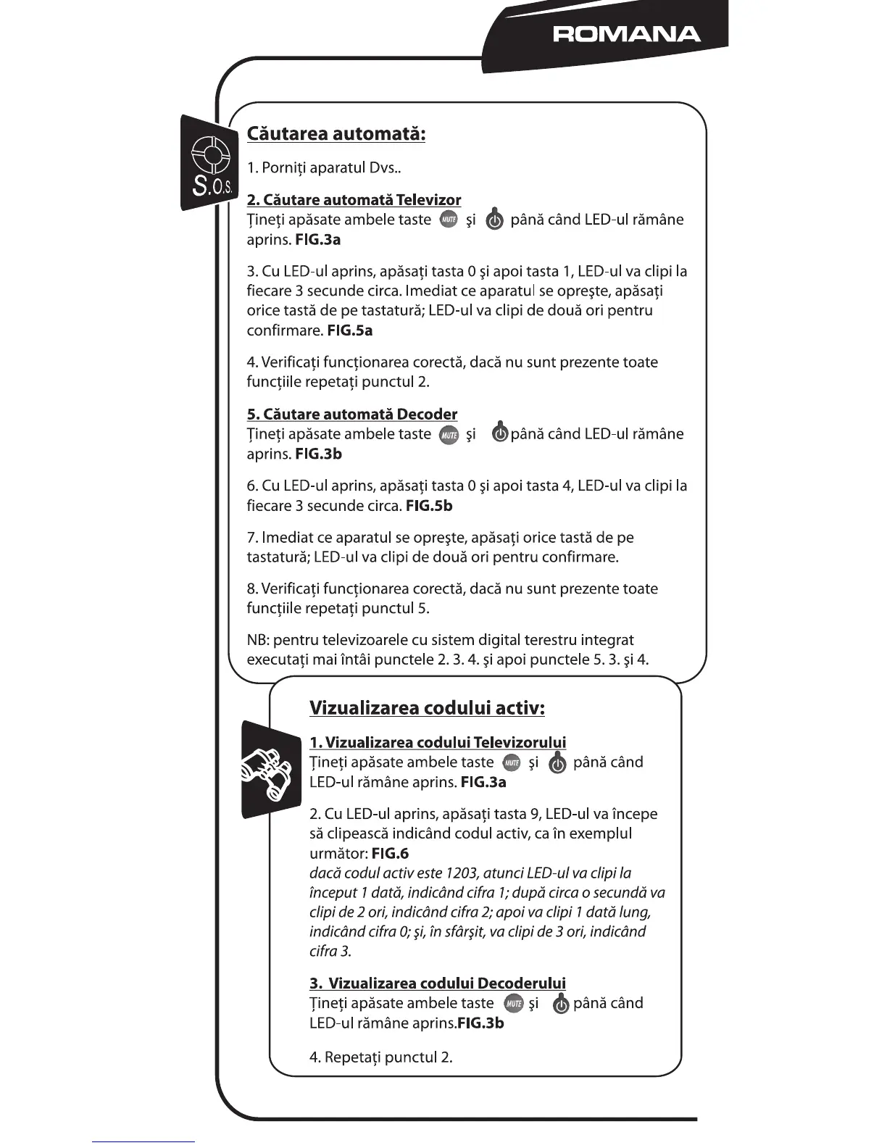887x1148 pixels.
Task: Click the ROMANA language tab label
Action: click(626, 34)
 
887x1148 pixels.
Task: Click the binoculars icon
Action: click(270, 771)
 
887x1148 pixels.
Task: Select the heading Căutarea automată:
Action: click(336, 134)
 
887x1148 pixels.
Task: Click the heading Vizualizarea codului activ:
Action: click(427, 708)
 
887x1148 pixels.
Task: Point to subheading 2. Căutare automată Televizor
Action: click(354, 200)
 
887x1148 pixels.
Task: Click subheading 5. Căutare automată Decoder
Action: click(352, 415)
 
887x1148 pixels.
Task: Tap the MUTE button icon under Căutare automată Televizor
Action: click(449, 220)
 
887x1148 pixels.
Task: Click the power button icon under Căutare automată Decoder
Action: click(499, 435)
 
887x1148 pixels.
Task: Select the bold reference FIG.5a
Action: click(350, 331)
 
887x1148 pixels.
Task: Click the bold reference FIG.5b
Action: click(429, 507)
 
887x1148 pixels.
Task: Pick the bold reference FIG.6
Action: click(390, 854)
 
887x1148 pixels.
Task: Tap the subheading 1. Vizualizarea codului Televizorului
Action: click(438, 743)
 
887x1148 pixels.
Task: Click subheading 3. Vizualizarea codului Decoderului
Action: click(438, 983)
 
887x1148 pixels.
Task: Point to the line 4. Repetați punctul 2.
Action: click(381, 1057)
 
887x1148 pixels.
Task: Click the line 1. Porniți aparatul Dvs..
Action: click(324, 168)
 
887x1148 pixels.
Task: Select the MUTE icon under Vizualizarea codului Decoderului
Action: click(513, 1004)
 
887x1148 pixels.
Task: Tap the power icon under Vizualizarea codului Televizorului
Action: click(557, 763)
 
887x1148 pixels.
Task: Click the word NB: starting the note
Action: click(258, 641)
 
